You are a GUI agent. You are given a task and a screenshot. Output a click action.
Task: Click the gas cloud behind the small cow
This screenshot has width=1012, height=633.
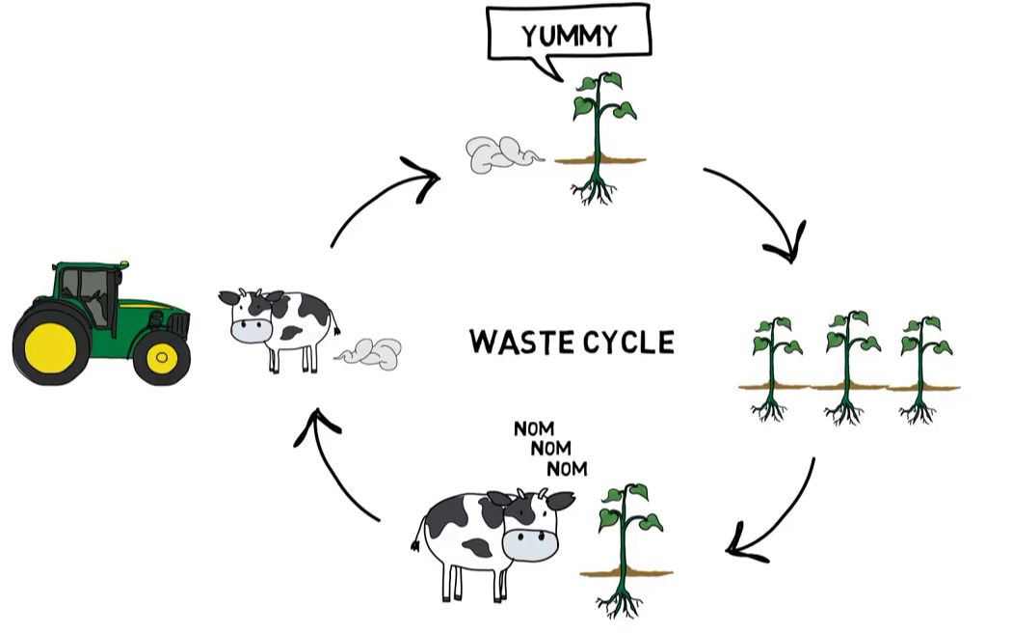point(371,353)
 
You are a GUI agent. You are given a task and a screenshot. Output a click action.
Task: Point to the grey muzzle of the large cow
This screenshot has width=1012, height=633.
point(529,544)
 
